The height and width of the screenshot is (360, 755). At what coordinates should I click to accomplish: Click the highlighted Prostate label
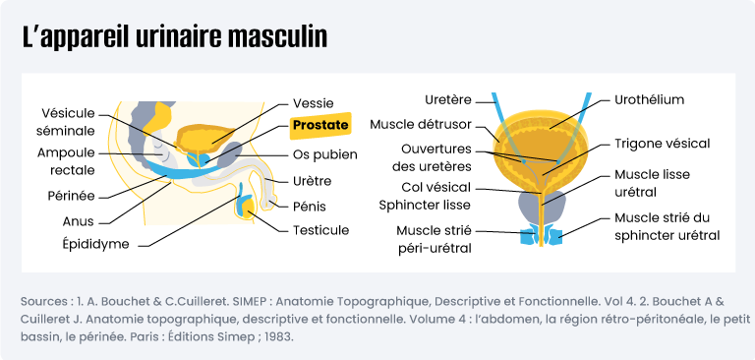(x=320, y=126)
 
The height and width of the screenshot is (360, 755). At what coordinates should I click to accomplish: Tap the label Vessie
(x=314, y=102)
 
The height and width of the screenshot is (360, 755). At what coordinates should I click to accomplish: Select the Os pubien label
(x=325, y=154)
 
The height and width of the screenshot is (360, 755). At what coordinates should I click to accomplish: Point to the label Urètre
(x=312, y=181)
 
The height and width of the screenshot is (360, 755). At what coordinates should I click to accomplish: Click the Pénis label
(x=310, y=207)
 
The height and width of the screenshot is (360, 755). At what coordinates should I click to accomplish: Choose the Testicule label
(x=320, y=230)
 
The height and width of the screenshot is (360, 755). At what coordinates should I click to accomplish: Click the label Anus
(x=78, y=221)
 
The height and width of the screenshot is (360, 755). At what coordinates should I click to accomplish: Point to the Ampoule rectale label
(x=66, y=161)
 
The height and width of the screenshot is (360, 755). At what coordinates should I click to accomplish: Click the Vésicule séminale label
(x=68, y=121)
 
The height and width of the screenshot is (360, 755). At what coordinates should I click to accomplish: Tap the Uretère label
(x=447, y=99)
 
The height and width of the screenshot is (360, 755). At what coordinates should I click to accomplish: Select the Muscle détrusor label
(x=421, y=124)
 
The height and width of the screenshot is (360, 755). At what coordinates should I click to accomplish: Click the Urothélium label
(x=649, y=99)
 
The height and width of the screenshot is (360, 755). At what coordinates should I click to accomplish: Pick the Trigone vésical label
(x=662, y=143)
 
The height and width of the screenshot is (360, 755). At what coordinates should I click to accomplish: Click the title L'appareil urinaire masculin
(x=175, y=38)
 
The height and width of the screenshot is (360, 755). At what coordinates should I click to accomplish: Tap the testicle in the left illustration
(x=244, y=207)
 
